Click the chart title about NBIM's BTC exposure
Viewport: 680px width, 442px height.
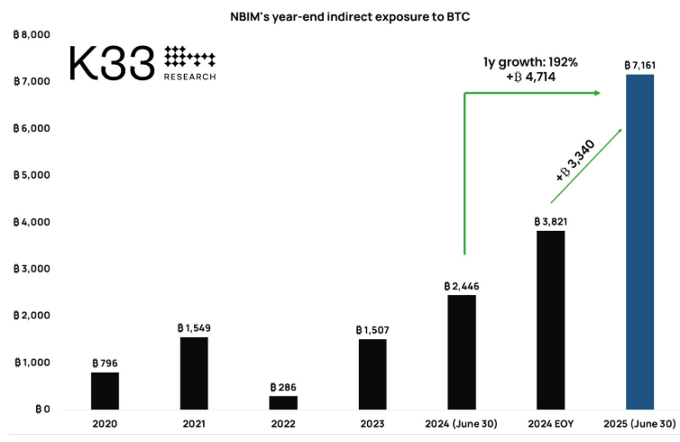[x=345, y=15]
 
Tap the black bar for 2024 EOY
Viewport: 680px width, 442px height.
[x=550, y=320]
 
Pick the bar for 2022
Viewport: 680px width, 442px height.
[x=283, y=402]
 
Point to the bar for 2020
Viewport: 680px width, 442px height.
[x=105, y=391]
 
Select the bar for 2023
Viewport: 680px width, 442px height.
[x=372, y=374]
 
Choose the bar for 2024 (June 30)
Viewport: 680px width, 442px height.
[x=461, y=352]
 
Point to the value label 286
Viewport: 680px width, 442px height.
[x=283, y=386]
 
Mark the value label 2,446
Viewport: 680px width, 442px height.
[x=461, y=285]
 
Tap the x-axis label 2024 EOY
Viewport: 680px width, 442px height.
[x=550, y=424]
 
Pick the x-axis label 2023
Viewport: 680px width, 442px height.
[x=372, y=424]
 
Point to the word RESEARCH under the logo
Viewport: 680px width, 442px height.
[x=190, y=77]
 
